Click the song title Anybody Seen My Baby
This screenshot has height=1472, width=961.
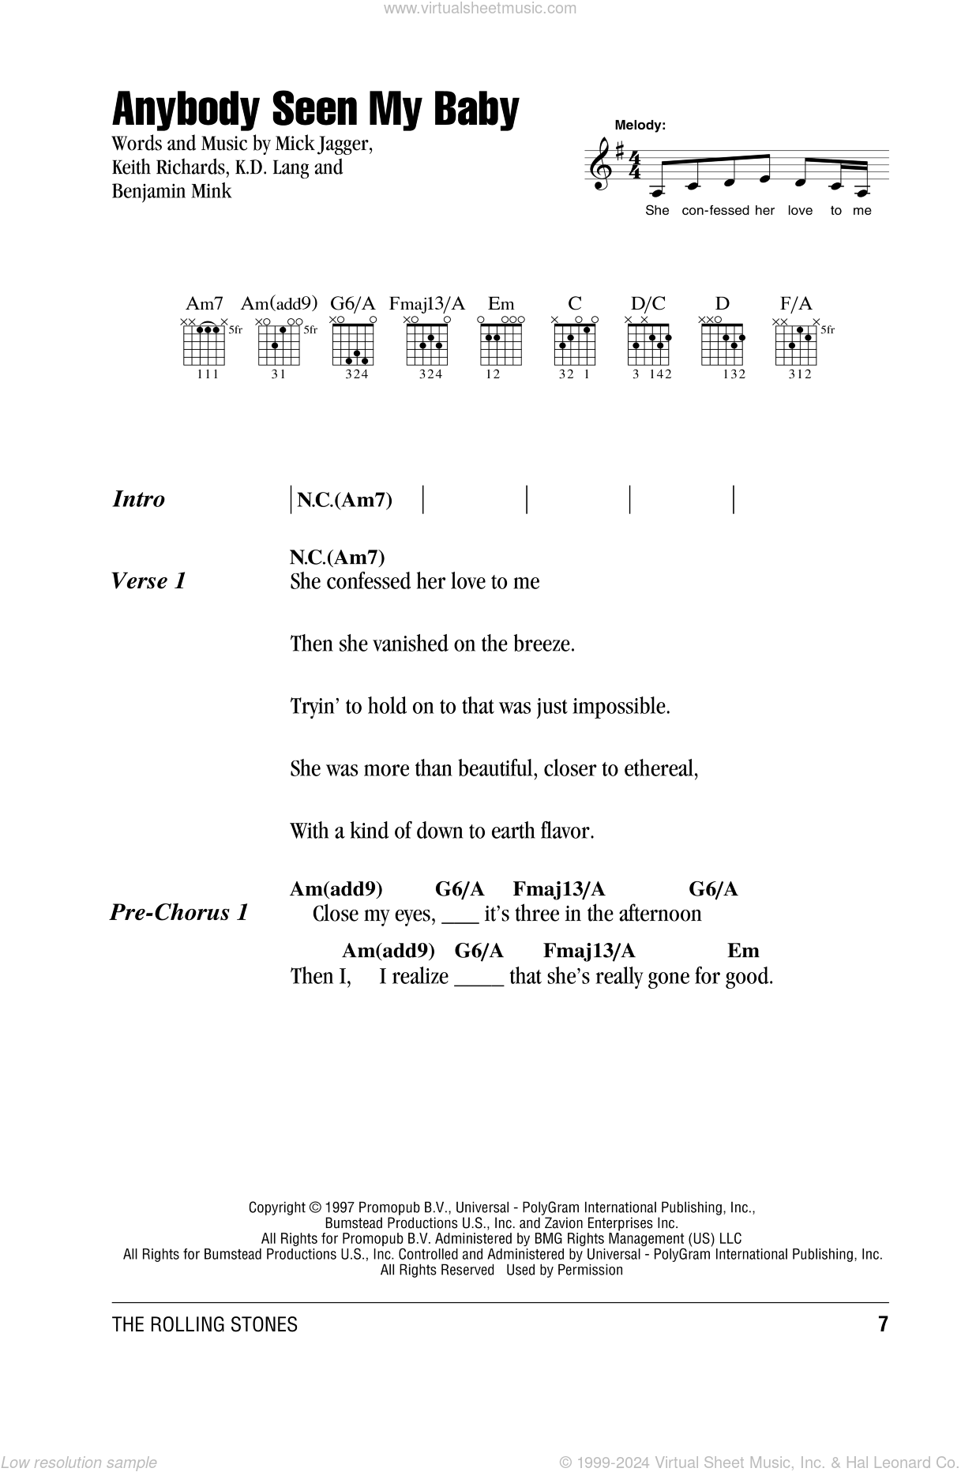(316, 110)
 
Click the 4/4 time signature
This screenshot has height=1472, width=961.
(634, 164)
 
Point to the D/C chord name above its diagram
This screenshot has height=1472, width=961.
(648, 303)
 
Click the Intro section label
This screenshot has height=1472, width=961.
(139, 499)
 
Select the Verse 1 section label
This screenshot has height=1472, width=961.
(149, 581)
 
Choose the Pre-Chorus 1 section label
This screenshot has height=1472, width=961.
(179, 913)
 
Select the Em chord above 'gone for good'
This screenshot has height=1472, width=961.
(742, 951)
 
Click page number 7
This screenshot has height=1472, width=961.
(883, 1324)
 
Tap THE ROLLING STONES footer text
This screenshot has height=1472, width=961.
(205, 1324)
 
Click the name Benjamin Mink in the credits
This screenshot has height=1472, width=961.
(172, 190)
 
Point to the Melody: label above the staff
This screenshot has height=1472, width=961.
(640, 125)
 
